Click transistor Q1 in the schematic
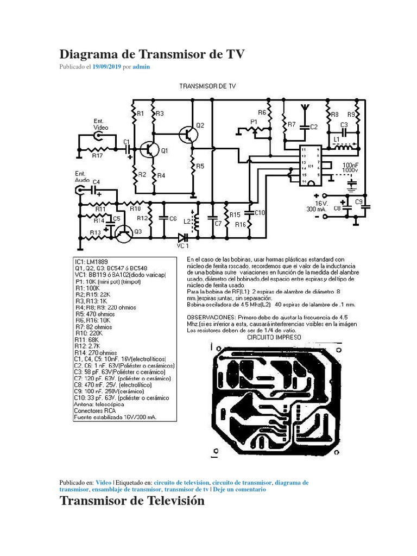pos(148,149)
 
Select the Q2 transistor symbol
pos(189,134)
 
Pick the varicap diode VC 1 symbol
pos(183,237)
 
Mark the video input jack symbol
pos(98,136)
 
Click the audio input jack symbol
pos(80,190)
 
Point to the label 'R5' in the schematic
pos(200,166)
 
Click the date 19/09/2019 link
pos(106,67)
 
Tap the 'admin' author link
pos(141,67)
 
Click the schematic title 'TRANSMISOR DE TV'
pos(207,86)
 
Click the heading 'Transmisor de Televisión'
pos(132,501)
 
